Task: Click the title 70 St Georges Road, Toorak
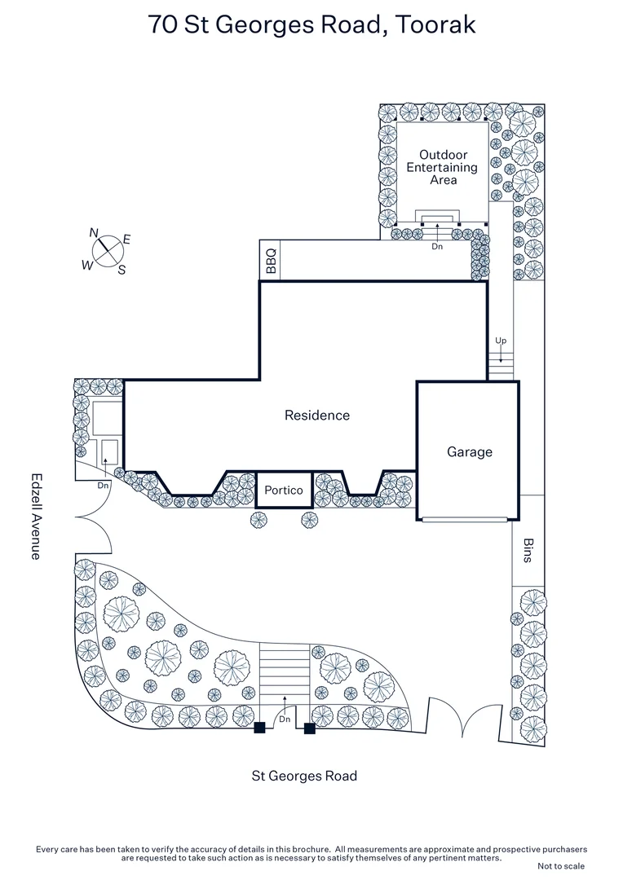coord(311,24)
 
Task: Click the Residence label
coord(317,416)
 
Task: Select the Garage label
coord(469,451)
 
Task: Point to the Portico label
coord(284,491)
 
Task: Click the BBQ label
coord(270,261)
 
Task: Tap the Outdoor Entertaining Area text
coord(443,167)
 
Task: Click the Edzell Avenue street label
coord(36,517)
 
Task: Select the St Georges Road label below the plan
coord(303,776)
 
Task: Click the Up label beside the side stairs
coord(501,340)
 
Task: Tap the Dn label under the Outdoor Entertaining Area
coord(437,246)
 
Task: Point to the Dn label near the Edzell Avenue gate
coord(103,486)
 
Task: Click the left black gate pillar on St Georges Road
coord(259,728)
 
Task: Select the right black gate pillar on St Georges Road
coord(309,728)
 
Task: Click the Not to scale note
coord(561,865)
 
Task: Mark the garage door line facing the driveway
coord(468,518)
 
